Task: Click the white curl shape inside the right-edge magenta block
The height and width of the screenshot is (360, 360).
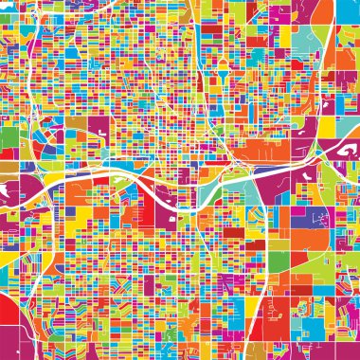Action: pos(343,150)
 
